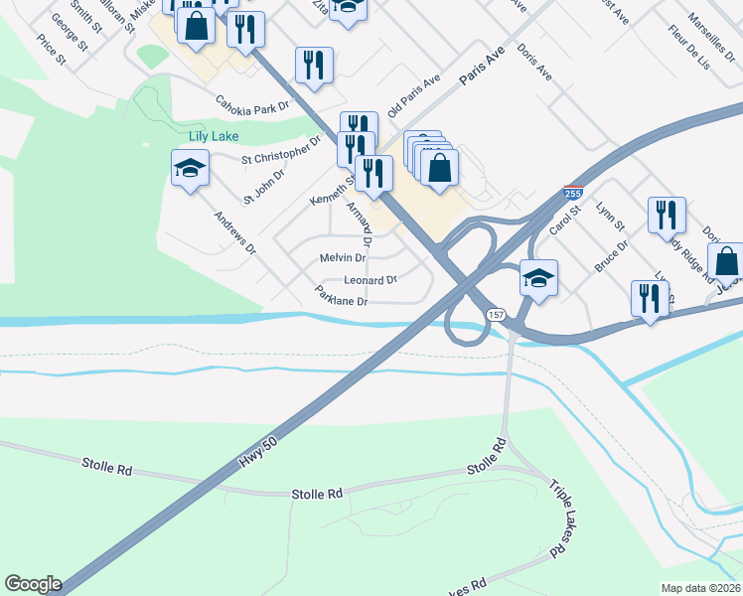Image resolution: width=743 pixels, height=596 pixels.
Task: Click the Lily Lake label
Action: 214,135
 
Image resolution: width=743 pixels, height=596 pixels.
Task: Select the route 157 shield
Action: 496,314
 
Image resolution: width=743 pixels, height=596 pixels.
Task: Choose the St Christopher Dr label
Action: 281,152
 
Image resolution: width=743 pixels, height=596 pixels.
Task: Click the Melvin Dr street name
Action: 343,257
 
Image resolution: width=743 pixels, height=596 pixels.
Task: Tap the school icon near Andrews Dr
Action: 189,167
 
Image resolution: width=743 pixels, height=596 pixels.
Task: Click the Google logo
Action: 33,584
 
